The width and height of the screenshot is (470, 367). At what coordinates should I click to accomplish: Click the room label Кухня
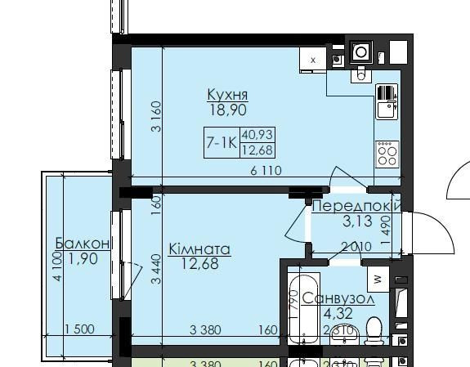point(227,94)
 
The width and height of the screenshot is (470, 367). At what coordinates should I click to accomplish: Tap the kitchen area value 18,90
point(227,110)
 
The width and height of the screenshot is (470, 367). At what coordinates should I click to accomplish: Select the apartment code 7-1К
point(221,141)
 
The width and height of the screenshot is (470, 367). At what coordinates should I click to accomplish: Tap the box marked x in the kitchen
point(312,59)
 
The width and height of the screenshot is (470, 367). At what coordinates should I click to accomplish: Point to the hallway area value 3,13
point(356,221)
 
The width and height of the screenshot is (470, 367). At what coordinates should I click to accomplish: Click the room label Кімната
point(199,248)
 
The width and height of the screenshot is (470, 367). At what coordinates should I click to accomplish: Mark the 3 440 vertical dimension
point(154,268)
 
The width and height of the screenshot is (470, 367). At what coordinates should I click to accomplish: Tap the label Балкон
point(83,243)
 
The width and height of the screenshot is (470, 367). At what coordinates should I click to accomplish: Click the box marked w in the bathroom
point(378,278)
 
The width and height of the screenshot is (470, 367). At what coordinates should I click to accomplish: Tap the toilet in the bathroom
point(374,331)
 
